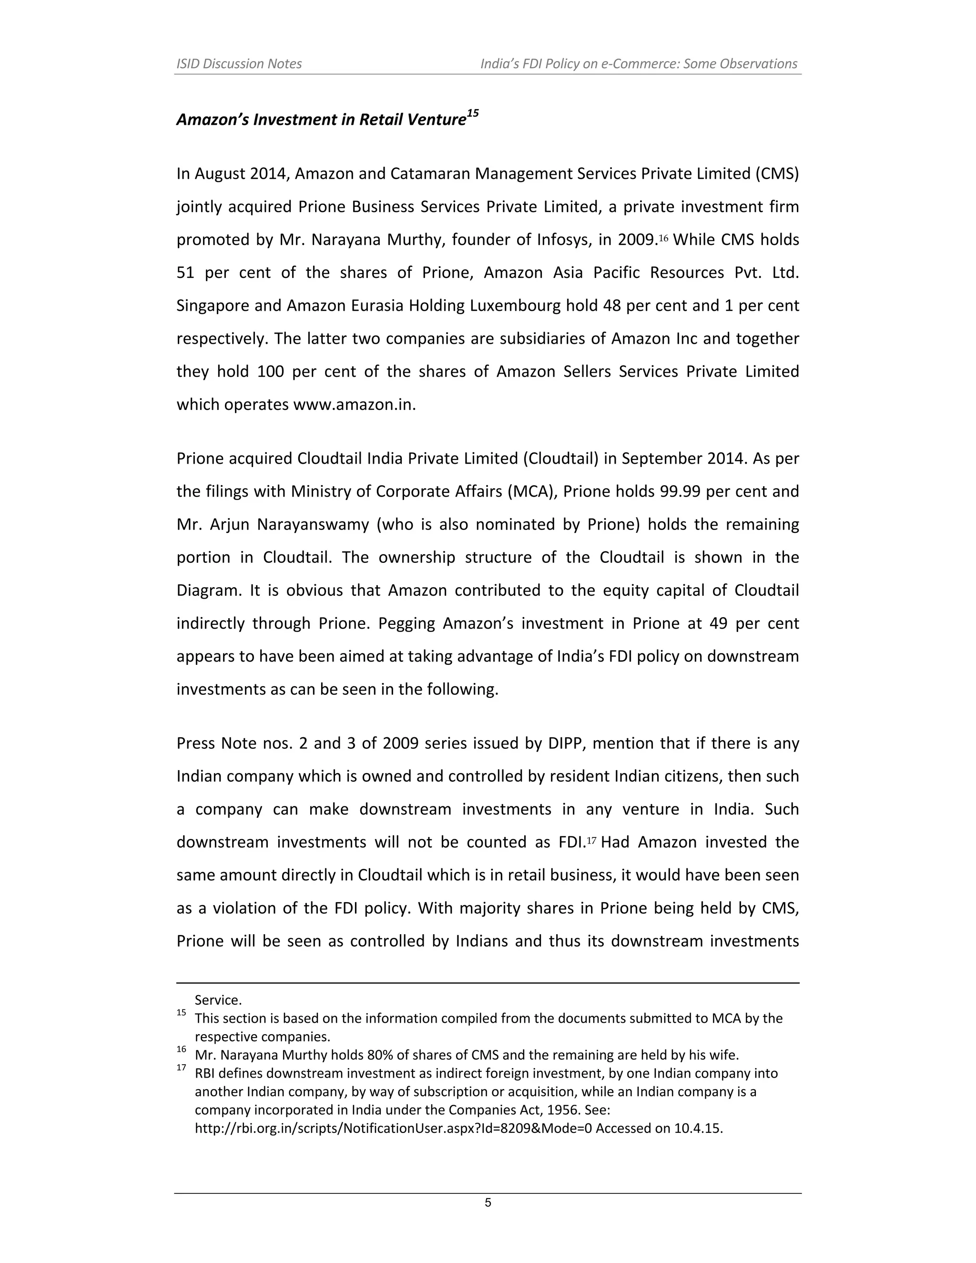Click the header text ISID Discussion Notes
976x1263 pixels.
(239, 63)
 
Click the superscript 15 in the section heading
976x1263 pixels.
(472, 114)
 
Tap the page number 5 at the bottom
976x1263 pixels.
(488, 1203)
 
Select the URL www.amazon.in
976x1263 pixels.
(355, 404)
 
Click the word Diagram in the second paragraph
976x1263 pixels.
(209, 591)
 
